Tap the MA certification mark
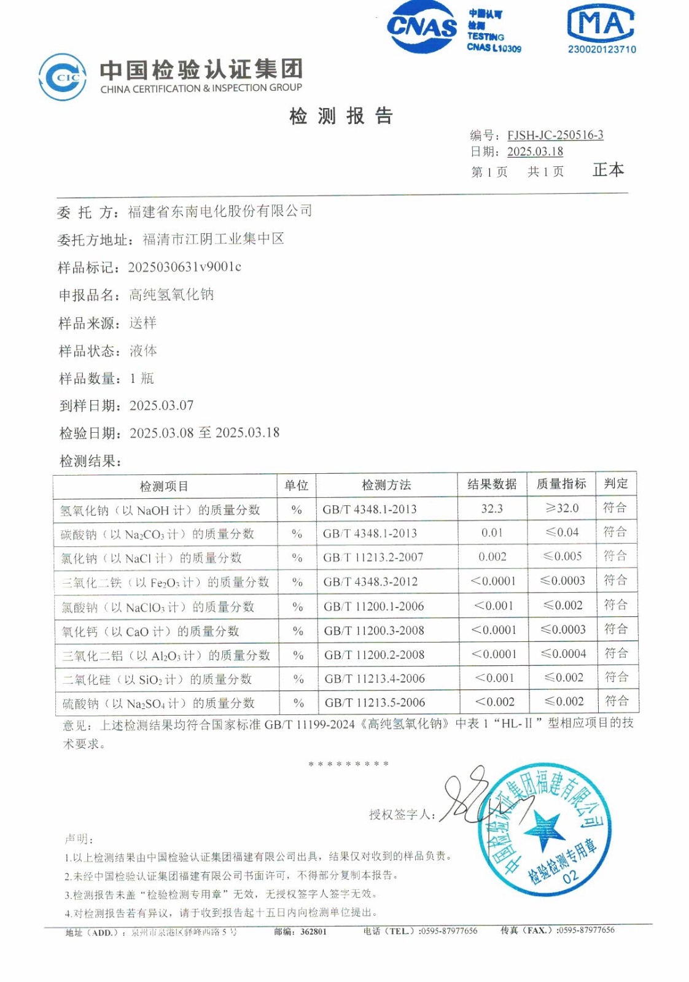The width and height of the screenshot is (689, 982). (x=601, y=25)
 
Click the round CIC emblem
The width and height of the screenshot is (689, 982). (x=62, y=77)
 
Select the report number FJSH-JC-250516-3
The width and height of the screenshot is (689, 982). (x=555, y=135)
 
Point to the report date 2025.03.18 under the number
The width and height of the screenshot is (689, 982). (x=535, y=152)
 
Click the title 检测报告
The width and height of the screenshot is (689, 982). (x=341, y=115)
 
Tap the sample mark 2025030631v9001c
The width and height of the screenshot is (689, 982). (x=184, y=267)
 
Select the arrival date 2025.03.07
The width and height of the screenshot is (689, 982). (x=162, y=406)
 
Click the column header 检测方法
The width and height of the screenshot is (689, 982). (x=386, y=485)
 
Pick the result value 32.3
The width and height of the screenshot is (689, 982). (x=492, y=509)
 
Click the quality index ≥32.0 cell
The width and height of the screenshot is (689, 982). (x=562, y=508)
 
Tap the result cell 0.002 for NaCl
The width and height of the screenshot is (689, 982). (x=492, y=557)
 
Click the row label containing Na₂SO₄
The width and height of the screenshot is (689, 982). (x=158, y=703)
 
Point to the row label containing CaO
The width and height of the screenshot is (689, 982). (x=150, y=631)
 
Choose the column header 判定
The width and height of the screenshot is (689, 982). (x=616, y=484)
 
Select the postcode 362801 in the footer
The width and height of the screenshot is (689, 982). (x=313, y=932)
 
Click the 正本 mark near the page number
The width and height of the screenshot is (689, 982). (x=608, y=170)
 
